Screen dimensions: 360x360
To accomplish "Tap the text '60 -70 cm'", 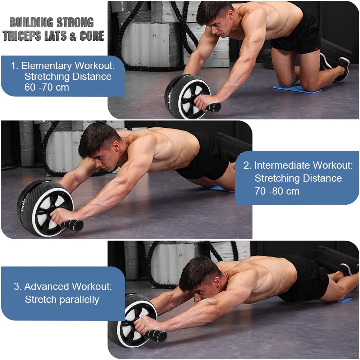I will [x=47, y=87].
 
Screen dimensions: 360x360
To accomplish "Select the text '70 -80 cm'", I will [x=277, y=191].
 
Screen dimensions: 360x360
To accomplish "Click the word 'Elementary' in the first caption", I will [x=46, y=66].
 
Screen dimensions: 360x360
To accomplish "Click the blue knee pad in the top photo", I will [x=297, y=89].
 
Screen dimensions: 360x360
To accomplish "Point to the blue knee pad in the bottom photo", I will [x=343, y=300].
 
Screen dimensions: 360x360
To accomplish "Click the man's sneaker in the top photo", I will [x=342, y=68].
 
